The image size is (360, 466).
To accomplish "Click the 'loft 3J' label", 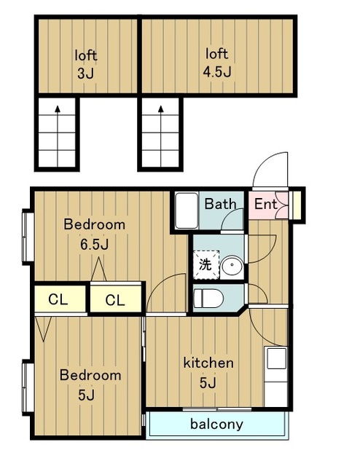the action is (x=86, y=65).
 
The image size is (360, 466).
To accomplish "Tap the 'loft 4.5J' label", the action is (x=217, y=63).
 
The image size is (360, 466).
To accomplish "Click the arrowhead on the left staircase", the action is (x=58, y=108).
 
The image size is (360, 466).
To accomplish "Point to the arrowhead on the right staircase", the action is (x=161, y=108).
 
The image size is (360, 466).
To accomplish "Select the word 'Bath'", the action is (x=220, y=204).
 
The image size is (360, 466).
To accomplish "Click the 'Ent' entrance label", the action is (x=265, y=204).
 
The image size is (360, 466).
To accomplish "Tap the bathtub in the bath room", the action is (x=187, y=210).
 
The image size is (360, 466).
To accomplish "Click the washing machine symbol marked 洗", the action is (x=206, y=264).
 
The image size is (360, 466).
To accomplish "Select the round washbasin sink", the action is (x=232, y=265).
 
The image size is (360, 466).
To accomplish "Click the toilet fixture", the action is (x=208, y=298).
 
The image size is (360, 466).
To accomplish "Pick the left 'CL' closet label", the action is (x=58, y=299).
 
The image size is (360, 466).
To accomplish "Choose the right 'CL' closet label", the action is (x=115, y=300).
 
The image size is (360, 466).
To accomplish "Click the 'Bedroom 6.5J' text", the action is (x=94, y=234).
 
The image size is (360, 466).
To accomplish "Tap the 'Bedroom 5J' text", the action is (x=90, y=385).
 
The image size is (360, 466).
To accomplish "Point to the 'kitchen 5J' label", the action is (x=208, y=372).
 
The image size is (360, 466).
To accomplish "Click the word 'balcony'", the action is (x=216, y=424).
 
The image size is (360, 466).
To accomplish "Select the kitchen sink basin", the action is (x=276, y=358).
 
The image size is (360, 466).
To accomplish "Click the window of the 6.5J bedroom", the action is (x=28, y=237).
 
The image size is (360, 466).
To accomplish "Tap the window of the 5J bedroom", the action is (x=28, y=387).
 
